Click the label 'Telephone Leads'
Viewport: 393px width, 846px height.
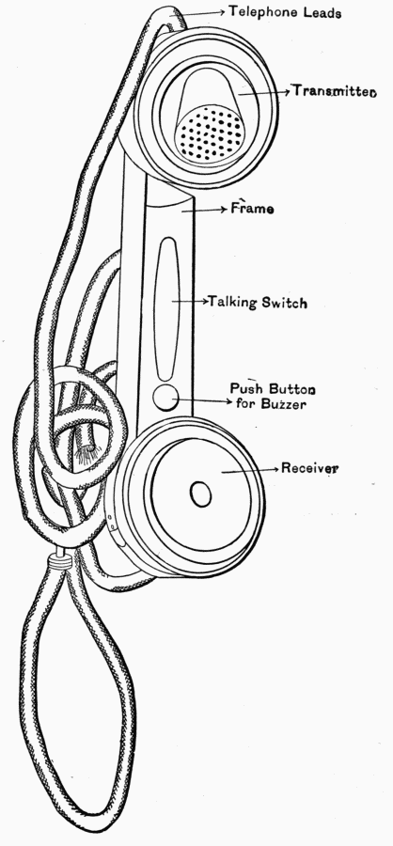coord(285,12)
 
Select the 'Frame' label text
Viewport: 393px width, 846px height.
coord(252,208)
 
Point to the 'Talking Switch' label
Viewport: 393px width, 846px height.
coord(258,302)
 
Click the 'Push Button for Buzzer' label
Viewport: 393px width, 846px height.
coord(273,396)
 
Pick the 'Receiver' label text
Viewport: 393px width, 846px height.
coord(309,468)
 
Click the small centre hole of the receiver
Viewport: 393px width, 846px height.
coord(200,493)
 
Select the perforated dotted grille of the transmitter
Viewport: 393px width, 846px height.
coord(211,133)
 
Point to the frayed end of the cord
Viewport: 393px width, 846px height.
coord(86,456)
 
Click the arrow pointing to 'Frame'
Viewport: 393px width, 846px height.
coord(204,210)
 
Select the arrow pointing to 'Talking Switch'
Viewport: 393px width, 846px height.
coord(191,301)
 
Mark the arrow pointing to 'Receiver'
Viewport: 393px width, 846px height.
coord(250,470)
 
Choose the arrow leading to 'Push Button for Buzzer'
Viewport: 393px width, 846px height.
coord(203,400)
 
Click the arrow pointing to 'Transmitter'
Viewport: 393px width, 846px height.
coord(264,92)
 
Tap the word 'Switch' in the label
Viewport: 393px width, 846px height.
coord(285,302)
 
